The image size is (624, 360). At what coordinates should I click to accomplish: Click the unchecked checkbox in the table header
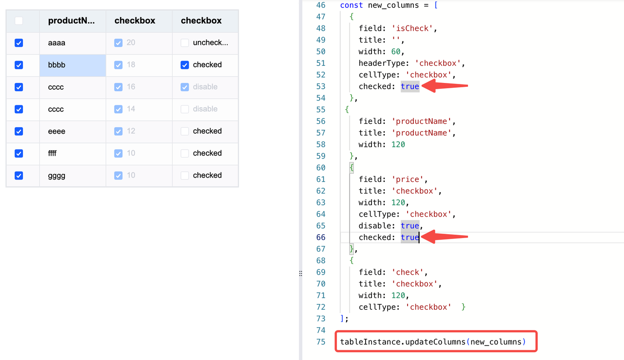(19, 20)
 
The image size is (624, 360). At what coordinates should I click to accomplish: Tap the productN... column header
(71, 20)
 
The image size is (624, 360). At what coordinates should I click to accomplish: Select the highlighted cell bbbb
(73, 65)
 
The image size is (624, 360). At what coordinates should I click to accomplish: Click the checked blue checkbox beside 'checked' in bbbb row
(185, 65)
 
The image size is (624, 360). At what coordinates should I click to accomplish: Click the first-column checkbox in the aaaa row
(19, 43)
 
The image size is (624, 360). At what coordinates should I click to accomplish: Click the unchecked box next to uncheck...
(185, 42)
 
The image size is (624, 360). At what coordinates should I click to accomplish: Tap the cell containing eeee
(73, 132)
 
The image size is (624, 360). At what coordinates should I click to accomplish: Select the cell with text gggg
(73, 176)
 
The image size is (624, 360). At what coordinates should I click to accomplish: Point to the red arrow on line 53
(445, 86)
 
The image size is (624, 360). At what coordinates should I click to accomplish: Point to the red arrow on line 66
(445, 237)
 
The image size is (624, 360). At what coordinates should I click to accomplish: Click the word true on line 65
(410, 226)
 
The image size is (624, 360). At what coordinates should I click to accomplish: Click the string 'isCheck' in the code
(412, 28)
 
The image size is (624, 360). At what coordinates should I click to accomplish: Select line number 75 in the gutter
(321, 342)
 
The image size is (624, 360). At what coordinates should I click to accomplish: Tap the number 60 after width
(396, 52)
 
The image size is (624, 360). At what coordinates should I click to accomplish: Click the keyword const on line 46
(351, 5)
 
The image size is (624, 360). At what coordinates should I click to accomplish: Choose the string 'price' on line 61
(407, 180)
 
